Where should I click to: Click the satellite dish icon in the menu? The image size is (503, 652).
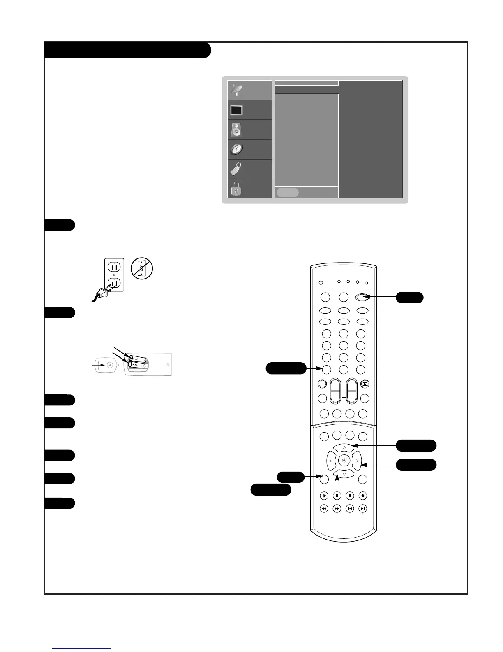click(x=237, y=91)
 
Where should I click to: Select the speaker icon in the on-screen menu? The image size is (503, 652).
click(x=236, y=130)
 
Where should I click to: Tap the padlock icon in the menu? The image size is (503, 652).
click(x=236, y=189)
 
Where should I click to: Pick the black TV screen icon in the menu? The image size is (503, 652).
click(x=236, y=110)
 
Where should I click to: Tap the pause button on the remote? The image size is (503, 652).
click(x=337, y=496)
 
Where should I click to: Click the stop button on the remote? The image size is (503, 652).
click(x=350, y=496)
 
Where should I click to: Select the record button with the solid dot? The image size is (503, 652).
click(x=363, y=496)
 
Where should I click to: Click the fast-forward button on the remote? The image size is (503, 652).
click(x=337, y=509)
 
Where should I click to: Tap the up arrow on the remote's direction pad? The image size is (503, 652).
click(x=344, y=447)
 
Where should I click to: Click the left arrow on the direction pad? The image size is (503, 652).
click(x=331, y=461)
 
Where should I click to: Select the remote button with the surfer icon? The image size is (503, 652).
click(x=365, y=384)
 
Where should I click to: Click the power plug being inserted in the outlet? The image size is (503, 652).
click(x=103, y=292)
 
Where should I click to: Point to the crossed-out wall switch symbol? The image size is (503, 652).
click(x=142, y=269)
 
